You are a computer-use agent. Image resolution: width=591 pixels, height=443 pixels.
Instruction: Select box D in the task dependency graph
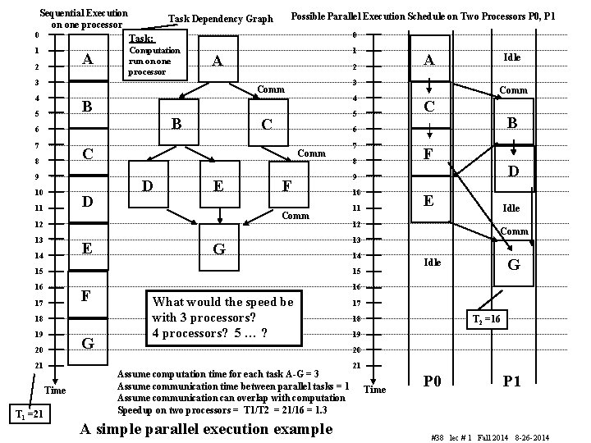pos(147,187)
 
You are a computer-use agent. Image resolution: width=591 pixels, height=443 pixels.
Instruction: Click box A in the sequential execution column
pos(88,59)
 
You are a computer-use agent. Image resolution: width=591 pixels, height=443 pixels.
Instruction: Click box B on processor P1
pos(514,122)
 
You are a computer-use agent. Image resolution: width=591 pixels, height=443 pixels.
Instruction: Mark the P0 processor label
pos(432,381)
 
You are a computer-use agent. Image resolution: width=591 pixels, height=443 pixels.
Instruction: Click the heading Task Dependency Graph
pos(220,18)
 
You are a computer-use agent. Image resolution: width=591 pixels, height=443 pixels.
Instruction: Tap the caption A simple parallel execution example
pos(206,428)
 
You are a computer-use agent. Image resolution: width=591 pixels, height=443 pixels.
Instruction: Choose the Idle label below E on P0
pos(432,263)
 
